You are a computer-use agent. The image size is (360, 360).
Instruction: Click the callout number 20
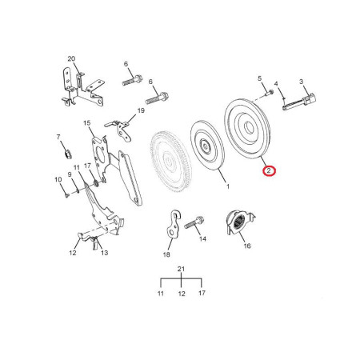[71, 58]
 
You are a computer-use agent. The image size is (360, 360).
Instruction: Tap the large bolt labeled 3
[299, 102]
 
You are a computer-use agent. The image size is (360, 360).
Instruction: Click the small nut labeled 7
[68, 154]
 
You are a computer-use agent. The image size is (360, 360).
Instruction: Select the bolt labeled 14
[194, 222]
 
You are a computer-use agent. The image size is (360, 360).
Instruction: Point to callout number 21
[181, 269]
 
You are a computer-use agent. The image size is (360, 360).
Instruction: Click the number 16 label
[247, 246]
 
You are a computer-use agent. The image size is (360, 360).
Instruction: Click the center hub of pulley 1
[206, 146]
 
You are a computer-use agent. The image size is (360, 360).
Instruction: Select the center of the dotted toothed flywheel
[170, 161]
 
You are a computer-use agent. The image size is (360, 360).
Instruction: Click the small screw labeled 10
[66, 195]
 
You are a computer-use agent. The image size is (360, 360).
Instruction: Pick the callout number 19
[141, 110]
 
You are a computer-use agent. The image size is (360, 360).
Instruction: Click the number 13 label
[104, 253]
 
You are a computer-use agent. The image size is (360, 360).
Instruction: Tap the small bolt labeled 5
[270, 93]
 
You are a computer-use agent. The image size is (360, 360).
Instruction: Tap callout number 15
[86, 123]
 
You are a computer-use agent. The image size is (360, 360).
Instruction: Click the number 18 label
[166, 254]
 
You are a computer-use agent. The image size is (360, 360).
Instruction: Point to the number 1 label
[228, 186]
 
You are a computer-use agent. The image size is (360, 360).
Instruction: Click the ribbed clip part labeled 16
[239, 222]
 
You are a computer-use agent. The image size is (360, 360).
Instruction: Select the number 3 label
[301, 82]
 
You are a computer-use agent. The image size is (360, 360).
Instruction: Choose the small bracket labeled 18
[173, 223]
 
